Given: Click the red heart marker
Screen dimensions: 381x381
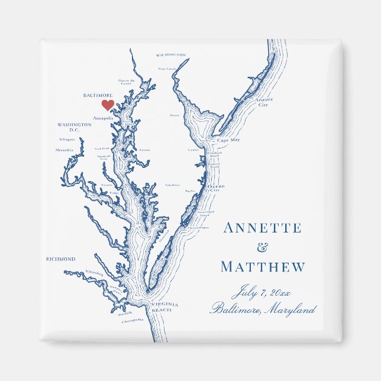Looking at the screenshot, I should click(x=107, y=105).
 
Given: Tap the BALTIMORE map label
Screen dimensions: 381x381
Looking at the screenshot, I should click(x=98, y=95).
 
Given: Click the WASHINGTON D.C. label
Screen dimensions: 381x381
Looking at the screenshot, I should click(x=75, y=127).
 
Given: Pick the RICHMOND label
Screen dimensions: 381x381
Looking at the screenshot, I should click(x=61, y=259).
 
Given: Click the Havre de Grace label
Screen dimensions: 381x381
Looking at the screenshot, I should click(x=127, y=82).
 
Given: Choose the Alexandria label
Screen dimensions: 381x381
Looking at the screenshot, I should click(x=64, y=150).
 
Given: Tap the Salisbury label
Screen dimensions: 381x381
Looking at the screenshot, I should click(x=172, y=185).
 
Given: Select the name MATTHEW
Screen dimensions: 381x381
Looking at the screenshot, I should click(x=263, y=267).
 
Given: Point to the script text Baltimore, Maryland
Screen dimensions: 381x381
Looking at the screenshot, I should click(x=263, y=309).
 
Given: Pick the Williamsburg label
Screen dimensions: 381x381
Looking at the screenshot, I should click(x=93, y=273).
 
